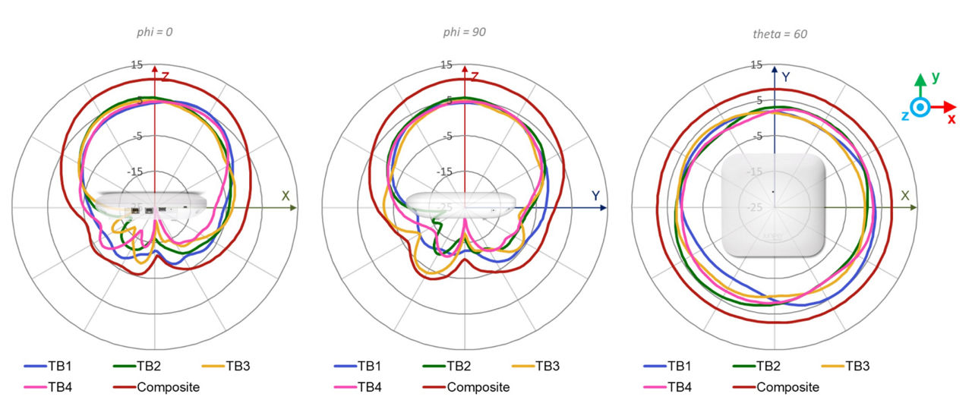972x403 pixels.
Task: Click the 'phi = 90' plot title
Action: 465,32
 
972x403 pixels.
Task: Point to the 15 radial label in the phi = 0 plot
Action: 137,65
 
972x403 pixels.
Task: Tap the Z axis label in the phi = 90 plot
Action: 475,76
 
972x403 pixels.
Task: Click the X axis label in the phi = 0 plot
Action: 286,196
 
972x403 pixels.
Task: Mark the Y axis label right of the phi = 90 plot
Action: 596,196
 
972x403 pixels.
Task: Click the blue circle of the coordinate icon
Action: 920,108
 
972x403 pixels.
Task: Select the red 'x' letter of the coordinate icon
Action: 951,118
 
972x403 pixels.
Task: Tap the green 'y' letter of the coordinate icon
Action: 936,77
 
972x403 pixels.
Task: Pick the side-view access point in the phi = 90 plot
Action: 462,203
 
